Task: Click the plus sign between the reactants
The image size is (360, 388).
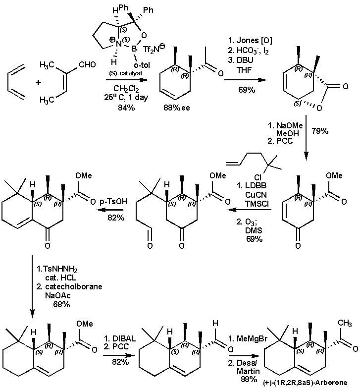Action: [38, 82]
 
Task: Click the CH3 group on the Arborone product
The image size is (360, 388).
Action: [345, 324]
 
